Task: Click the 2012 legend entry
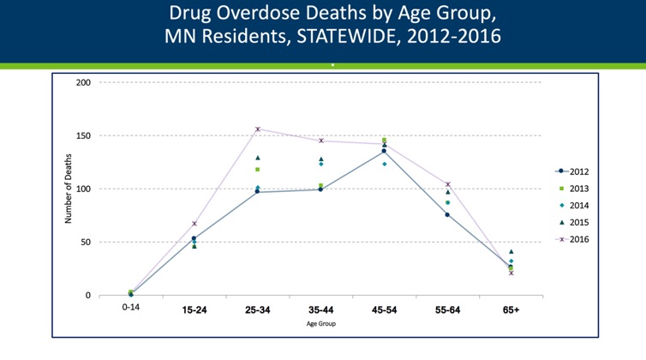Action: coord(579,171)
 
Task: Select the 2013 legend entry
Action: coord(579,189)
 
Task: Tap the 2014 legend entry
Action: coord(579,206)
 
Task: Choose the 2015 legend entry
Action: coord(579,223)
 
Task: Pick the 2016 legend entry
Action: coord(579,240)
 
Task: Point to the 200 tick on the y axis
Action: coord(83,82)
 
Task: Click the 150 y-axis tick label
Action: coord(83,135)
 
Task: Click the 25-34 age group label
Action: coord(257,309)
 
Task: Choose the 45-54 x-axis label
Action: coord(384,309)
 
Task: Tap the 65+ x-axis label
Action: coord(511,309)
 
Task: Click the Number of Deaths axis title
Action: coord(68,189)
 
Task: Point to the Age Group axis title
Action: coord(320,324)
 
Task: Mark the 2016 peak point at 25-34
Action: coord(257,129)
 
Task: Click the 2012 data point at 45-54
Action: coord(384,151)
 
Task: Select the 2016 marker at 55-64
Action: coord(447,184)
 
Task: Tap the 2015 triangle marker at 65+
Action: coord(511,252)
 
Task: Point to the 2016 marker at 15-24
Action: coord(194,224)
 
